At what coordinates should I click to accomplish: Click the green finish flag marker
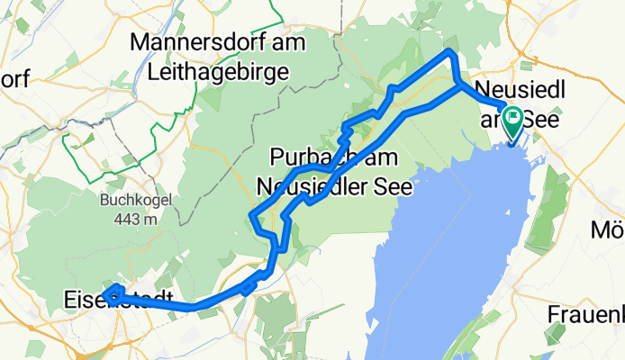[513, 120]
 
